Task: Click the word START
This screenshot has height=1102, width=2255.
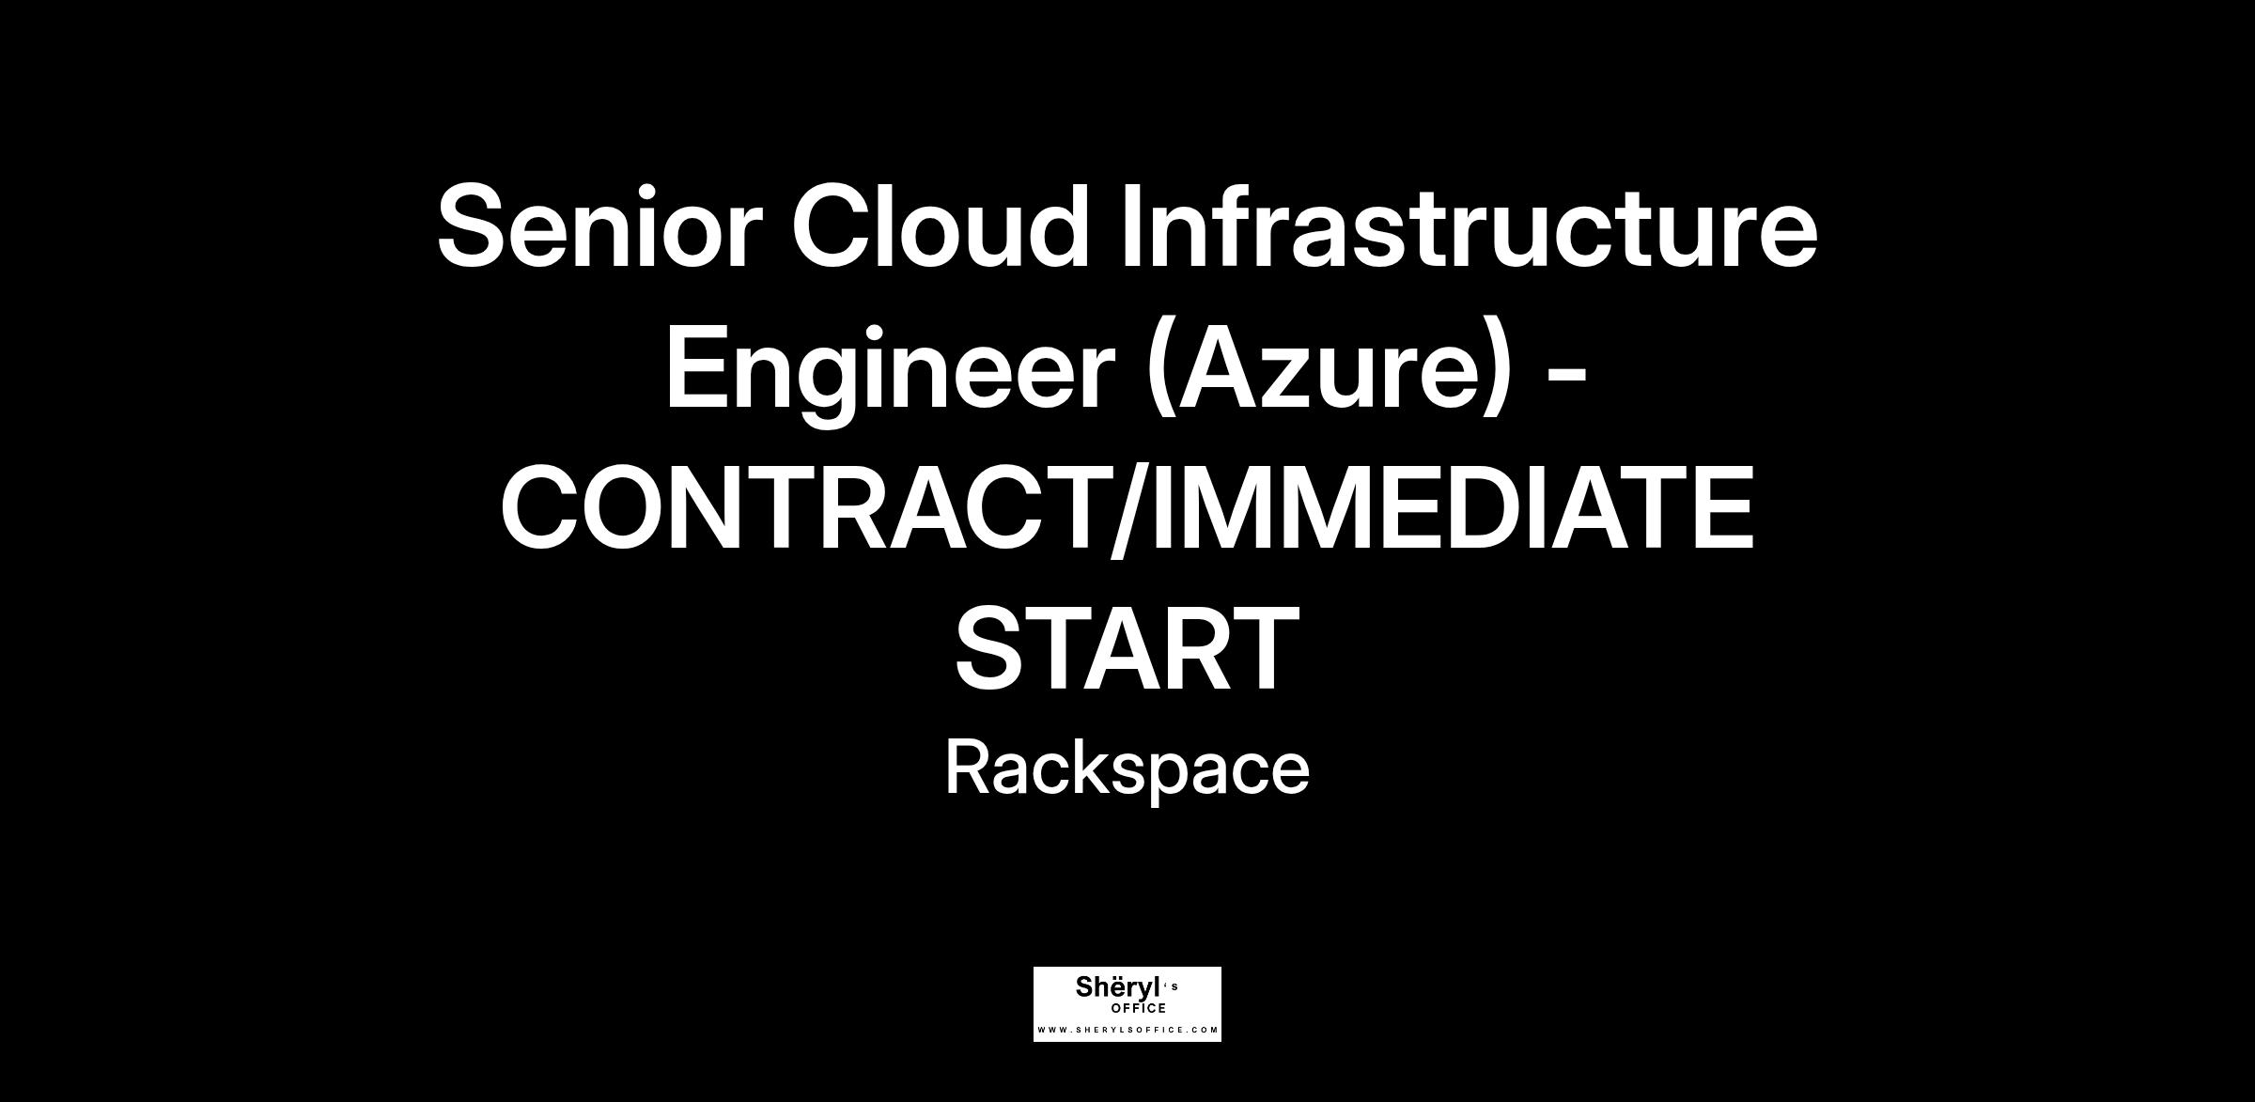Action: point(1127,649)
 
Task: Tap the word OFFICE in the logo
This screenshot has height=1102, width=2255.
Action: point(1138,1009)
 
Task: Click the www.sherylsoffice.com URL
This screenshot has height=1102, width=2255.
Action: point(1127,1031)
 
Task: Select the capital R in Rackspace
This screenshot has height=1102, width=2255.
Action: point(973,767)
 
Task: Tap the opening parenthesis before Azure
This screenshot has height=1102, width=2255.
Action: point(1160,374)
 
